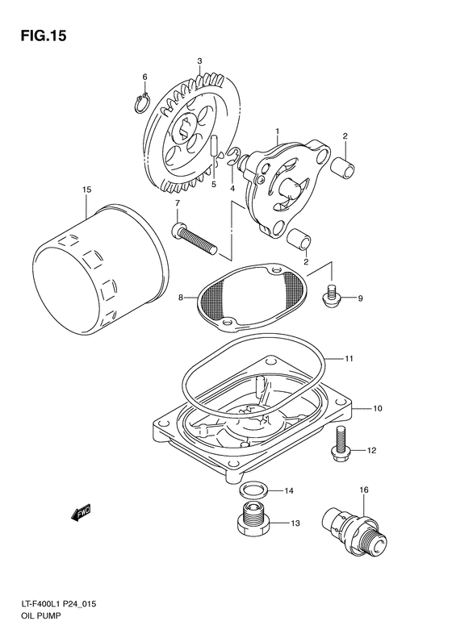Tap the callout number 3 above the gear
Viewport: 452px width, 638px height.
(x=199, y=61)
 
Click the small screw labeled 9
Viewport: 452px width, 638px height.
(x=329, y=297)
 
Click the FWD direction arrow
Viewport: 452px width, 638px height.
(x=79, y=511)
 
